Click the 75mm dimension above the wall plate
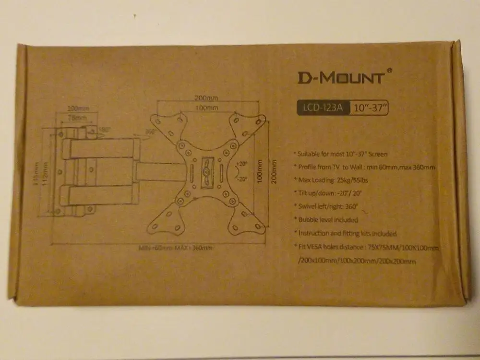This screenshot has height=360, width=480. coord(76,117)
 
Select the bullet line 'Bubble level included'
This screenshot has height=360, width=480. coord(328,220)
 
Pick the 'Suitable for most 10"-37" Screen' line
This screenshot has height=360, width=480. coord(343,154)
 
